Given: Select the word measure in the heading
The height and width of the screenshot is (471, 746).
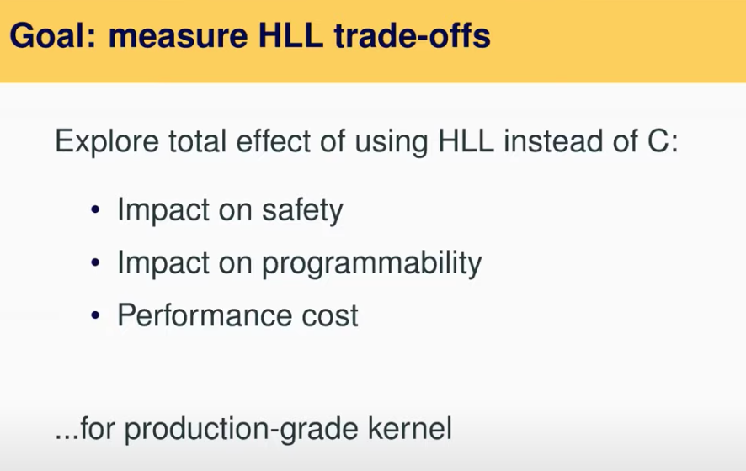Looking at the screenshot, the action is tap(178, 36).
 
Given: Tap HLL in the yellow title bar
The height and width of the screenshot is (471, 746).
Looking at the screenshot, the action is tap(290, 35).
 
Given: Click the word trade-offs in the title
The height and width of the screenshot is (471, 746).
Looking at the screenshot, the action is tap(412, 35).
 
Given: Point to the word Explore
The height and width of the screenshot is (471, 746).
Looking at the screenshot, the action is tap(107, 141).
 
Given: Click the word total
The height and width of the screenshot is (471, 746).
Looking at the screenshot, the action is tap(198, 140).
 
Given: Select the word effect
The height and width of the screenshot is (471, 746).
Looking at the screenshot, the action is tap(274, 140).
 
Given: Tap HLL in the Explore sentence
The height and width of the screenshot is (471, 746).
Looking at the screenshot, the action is tap(466, 140).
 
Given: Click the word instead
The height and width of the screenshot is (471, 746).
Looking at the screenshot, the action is tap(553, 140).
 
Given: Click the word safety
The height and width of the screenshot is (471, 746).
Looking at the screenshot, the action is tap(302, 210).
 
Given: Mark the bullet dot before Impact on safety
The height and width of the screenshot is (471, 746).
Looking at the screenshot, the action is tap(96, 209).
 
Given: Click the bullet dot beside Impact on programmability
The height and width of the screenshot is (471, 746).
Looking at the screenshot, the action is tap(96, 262).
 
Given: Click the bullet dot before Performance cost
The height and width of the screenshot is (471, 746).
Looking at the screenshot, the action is tap(96, 315).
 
